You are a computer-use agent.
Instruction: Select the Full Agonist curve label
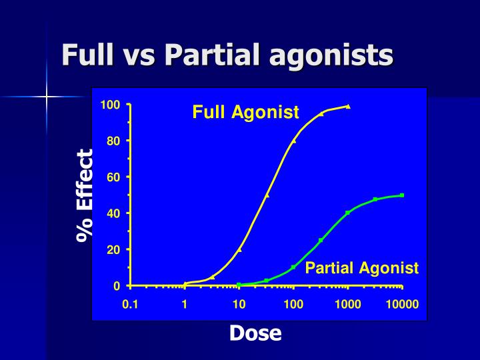click(245, 112)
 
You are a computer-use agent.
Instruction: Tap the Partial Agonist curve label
click(361, 268)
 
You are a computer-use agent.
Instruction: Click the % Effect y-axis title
click(84, 195)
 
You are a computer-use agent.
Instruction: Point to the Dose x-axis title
click(255, 333)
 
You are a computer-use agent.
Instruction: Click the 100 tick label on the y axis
click(110, 105)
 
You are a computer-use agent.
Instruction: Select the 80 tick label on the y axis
click(113, 141)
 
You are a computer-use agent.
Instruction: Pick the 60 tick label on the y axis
click(113, 177)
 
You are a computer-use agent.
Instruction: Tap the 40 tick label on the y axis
click(113, 213)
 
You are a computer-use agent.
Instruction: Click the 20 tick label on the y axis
click(113, 249)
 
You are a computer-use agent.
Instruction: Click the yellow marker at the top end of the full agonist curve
click(348, 106)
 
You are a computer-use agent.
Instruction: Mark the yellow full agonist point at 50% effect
click(267, 195)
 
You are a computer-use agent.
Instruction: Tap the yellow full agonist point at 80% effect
click(293, 141)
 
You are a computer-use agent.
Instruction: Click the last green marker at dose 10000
click(402, 195)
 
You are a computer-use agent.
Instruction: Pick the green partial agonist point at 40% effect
click(347, 213)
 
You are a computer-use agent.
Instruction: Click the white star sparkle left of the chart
click(47, 97)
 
